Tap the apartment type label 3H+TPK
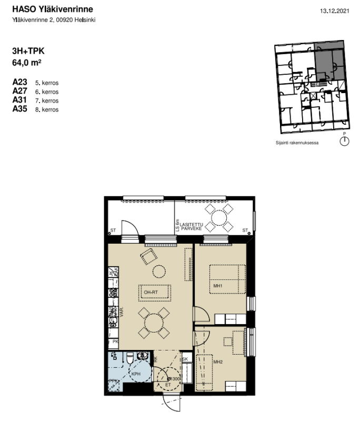[x=28, y=52]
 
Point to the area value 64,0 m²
[x=27, y=62]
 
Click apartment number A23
[x=19, y=83]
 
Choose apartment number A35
[x=19, y=109]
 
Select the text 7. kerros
[x=46, y=101]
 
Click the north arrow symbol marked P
[x=345, y=141]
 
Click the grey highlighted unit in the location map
[x=327, y=61]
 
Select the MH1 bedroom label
[x=218, y=286]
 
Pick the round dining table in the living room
[x=154, y=322]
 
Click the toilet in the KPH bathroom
[x=129, y=359]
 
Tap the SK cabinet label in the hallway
[x=185, y=359]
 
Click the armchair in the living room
[x=148, y=257]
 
